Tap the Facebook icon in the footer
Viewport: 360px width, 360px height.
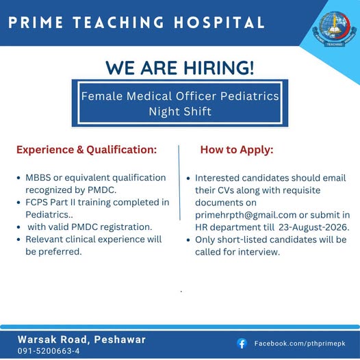pos(242,344)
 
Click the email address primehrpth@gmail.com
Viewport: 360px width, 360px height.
pos(246,215)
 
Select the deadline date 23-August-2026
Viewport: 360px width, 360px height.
pos(314,227)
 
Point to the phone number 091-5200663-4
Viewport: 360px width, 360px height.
pos(49,351)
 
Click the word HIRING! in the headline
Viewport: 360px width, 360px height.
pos(219,68)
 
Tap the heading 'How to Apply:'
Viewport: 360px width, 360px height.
pos(237,150)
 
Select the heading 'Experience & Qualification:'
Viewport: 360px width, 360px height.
pos(86,150)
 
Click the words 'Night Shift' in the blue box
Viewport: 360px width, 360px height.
pos(180,112)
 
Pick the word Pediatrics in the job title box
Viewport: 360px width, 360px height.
pos(250,96)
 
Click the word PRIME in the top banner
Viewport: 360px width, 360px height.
pos(36,23)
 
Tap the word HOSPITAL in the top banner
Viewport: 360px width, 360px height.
pos(219,23)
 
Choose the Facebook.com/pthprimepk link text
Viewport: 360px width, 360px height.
pos(300,344)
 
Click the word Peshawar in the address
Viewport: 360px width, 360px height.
pos(120,339)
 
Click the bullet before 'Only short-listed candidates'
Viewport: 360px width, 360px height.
pos(188,240)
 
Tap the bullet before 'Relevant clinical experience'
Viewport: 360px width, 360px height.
pos(18,240)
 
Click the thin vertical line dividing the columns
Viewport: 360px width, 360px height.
pos(179,183)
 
